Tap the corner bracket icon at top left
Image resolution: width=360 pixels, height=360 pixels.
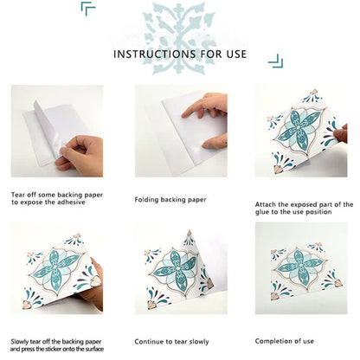tap(88, 9)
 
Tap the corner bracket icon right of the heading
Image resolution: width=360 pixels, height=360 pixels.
tap(274, 60)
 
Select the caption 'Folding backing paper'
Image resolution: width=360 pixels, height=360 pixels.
tap(171, 199)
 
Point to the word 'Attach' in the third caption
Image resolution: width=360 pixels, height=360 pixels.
tap(265, 204)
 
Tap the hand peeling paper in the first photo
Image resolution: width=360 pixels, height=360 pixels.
tap(79, 154)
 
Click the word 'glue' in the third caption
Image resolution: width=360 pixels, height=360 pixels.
tap(263, 215)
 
